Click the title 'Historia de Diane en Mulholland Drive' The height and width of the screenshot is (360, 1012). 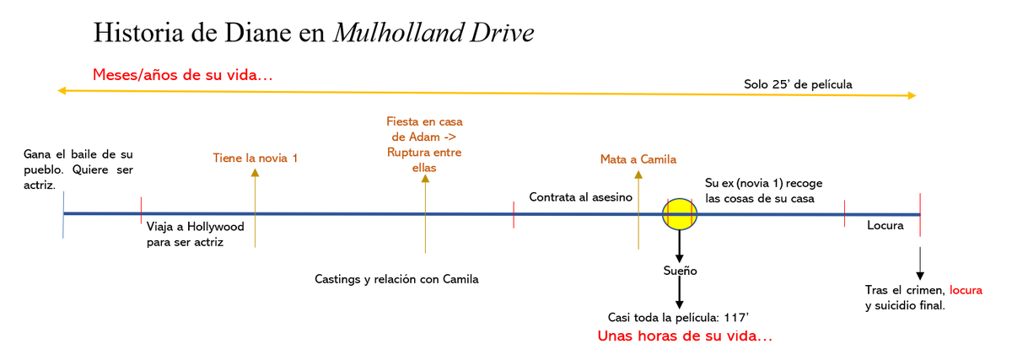pyautogui.click(x=314, y=33)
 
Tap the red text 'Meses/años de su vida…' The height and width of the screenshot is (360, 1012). pyautogui.click(x=182, y=76)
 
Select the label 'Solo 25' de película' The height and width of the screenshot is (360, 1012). pyautogui.click(x=798, y=84)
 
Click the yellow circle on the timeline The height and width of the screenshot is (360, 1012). pyautogui.click(x=680, y=214)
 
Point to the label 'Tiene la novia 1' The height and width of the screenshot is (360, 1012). pyautogui.click(x=256, y=158)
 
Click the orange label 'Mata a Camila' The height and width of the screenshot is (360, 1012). pyautogui.click(x=638, y=159)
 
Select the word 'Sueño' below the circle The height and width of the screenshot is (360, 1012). pyautogui.click(x=680, y=271)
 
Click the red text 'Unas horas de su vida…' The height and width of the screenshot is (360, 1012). pyautogui.click(x=685, y=336)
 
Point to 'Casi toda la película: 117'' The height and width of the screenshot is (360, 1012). pyautogui.click(x=680, y=317)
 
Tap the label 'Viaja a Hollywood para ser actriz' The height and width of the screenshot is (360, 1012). pyautogui.click(x=195, y=234)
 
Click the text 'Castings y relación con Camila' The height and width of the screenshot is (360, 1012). pyautogui.click(x=396, y=279)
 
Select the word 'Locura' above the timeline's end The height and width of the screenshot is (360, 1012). pyautogui.click(x=885, y=226)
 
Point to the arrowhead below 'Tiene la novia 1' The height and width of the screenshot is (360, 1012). pyautogui.click(x=256, y=173)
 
